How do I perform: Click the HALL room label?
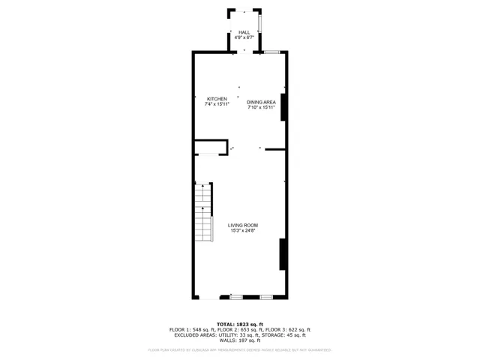coord(244,32)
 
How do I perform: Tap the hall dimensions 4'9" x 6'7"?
coord(244,37)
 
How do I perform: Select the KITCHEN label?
coord(217,99)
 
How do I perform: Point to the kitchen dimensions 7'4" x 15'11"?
coord(217,104)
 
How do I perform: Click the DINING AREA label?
coord(262,102)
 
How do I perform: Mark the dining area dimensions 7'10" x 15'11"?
coord(262,107)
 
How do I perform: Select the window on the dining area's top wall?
coord(271,51)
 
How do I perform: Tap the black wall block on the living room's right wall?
coord(282,254)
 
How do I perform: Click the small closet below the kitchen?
coord(210,147)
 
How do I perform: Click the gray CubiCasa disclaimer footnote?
coord(239,349)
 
